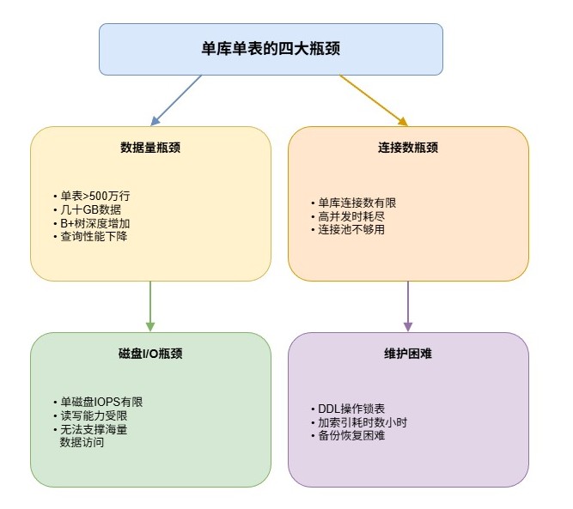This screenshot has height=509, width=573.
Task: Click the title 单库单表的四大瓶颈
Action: coord(271,49)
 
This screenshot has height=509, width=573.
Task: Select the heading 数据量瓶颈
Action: coord(150,148)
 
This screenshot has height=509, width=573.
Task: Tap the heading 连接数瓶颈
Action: coord(408,148)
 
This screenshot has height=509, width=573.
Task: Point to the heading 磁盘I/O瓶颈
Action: coord(150,354)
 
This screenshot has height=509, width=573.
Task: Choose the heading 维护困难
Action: coord(408,354)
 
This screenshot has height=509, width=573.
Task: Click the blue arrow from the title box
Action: coord(176,100)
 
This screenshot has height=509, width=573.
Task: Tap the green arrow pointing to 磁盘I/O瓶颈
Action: coord(150,306)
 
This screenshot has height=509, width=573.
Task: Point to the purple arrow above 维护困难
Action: coord(408,306)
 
